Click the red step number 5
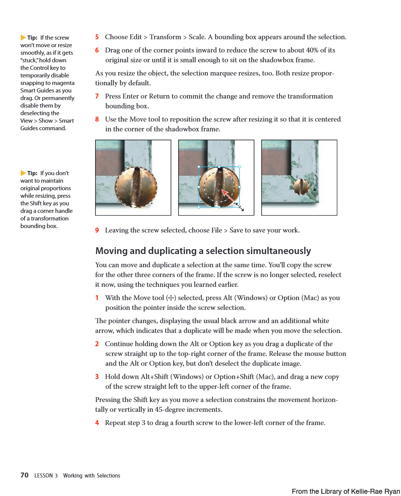click(x=97, y=37)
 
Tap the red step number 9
click(x=97, y=230)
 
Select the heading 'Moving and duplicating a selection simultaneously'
click(x=203, y=251)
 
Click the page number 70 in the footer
click(x=25, y=475)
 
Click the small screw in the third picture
click(x=301, y=186)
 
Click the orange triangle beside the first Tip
click(x=23, y=38)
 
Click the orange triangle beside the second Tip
click(x=23, y=173)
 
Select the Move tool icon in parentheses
click(x=171, y=298)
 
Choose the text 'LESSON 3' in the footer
click(x=46, y=476)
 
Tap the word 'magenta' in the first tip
click(x=63, y=83)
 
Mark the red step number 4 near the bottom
click(x=97, y=423)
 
